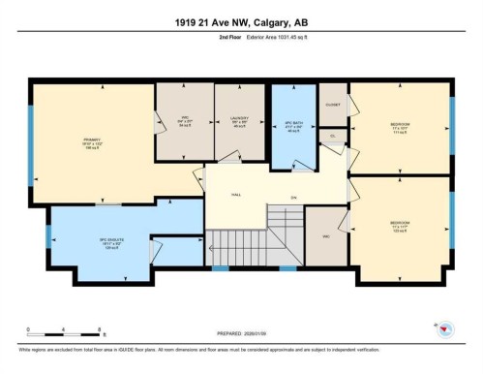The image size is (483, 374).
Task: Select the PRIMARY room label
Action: pos(93,141)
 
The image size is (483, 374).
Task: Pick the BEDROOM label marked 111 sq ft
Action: pos(399,127)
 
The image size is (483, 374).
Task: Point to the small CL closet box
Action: pos(333,137)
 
